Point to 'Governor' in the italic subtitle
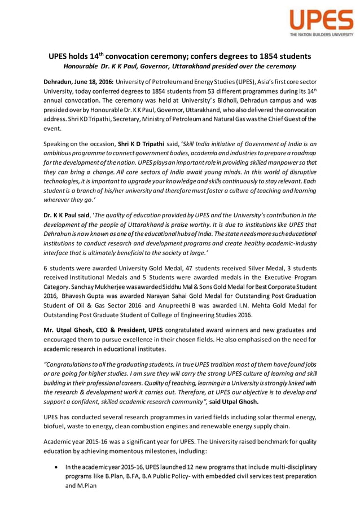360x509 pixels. pyautogui.click(x=173, y=67)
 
